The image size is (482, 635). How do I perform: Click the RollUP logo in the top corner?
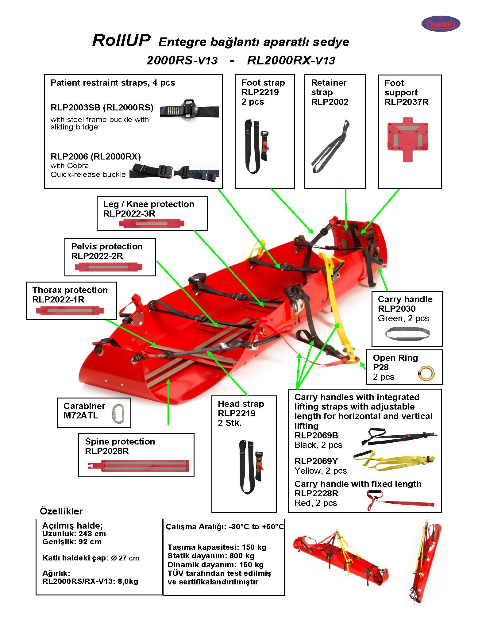441,24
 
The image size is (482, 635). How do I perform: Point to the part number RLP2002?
330,102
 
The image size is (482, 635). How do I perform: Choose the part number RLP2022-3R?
129,214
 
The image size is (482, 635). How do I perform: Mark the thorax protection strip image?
70,310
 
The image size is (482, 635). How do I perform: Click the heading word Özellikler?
61,511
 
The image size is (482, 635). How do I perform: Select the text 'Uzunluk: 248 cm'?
74,533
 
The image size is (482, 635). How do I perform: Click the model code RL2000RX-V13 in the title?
291,60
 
